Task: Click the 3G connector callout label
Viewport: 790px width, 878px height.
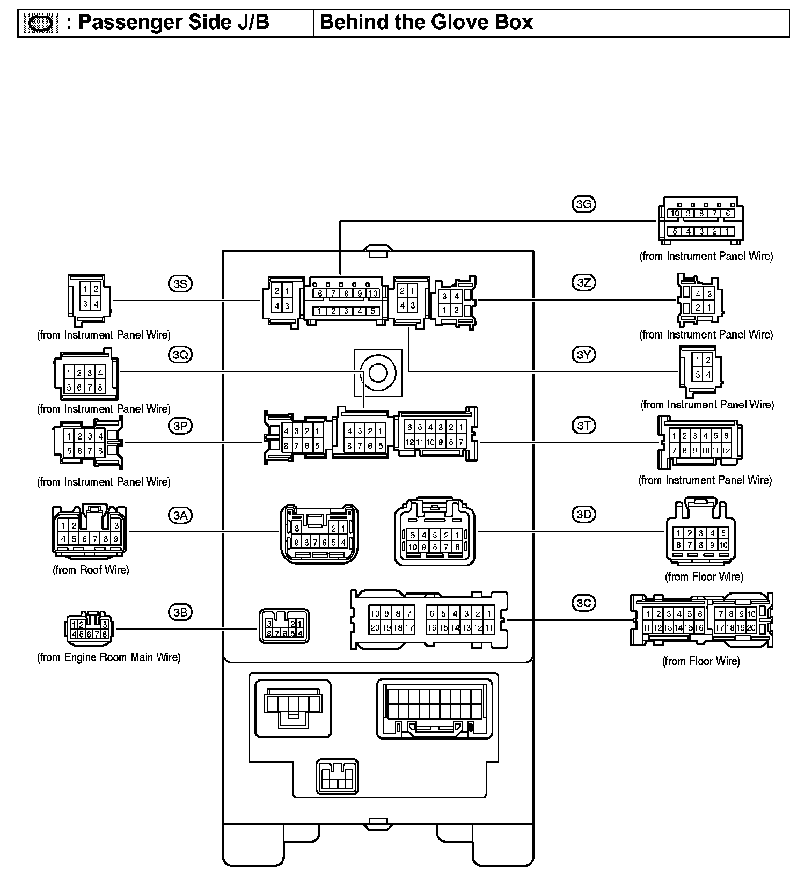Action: tap(583, 204)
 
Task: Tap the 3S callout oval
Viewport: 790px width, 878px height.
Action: tap(180, 283)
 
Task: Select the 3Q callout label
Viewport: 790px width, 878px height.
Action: tap(180, 355)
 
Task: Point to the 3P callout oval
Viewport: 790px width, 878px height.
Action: tap(180, 426)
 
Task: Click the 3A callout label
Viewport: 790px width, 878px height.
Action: tap(180, 516)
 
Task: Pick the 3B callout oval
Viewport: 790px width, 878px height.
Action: tap(180, 612)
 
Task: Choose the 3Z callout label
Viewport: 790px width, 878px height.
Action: tap(583, 282)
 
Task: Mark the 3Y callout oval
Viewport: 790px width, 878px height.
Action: tap(583, 355)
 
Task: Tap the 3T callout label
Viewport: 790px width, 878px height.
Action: tap(583, 426)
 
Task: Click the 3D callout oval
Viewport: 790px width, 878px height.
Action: tap(583, 515)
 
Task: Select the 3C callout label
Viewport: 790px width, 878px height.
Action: tap(583, 603)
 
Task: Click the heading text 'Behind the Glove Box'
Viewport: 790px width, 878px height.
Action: tap(426, 23)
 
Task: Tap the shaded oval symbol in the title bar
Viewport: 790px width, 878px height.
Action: tap(41, 23)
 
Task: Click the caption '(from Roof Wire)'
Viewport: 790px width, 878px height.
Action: tap(91, 570)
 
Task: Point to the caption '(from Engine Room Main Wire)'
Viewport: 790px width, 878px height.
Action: tap(108, 657)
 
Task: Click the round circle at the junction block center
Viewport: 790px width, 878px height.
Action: tap(378, 372)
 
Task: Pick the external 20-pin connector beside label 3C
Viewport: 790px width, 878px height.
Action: tap(701, 620)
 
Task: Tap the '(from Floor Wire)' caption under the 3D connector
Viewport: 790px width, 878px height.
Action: tap(704, 577)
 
